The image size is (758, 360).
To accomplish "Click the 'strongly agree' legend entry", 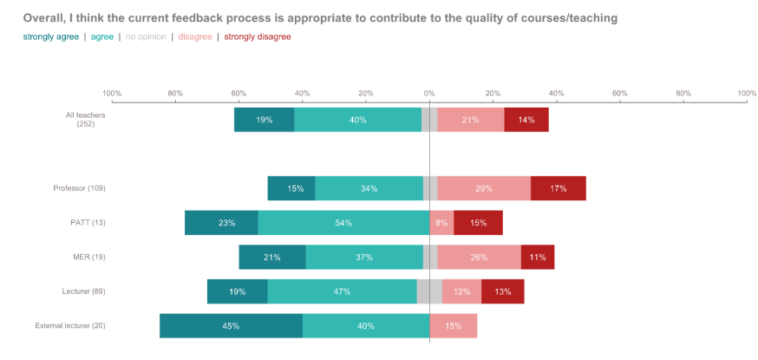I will pyautogui.click(x=51, y=36).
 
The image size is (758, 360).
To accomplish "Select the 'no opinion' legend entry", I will pyautogui.click(x=147, y=36).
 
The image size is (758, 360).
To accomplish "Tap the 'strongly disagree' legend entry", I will pyautogui.click(x=258, y=36).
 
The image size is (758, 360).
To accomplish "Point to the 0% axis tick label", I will pyautogui.click(x=429, y=93).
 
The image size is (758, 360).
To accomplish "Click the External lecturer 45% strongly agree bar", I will pyautogui.click(x=231, y=326).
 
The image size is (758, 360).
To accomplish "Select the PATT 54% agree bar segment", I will pyautogui.click(x=343, y=223).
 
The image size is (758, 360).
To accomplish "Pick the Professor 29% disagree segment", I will pyautogui.click(x=484, y=188).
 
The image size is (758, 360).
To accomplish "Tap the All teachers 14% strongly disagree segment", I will pyautogui.click(x=526, y=120).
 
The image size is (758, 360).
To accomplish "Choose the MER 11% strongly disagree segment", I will pyautogui.click(x=538, y=257).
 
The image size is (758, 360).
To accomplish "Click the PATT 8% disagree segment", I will pyautogui.click(x=442, y=223).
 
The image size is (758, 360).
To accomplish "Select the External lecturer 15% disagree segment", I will pyautogui.click(x=454, y=326).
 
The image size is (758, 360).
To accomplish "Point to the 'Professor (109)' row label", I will pyautogui.click(x=79, y=188).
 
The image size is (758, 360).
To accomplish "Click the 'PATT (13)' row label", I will pyautogui.click(x=88, y=223).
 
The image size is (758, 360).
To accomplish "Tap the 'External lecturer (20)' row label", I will pyautogui.click(x=70, y=326).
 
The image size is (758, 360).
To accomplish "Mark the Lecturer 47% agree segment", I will pyautogui.click(x=342, y=291).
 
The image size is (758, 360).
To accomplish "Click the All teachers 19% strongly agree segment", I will pyautogui.click(x=265, y=120).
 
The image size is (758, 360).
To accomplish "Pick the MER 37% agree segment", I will pyautogui.click(x=364, y=257).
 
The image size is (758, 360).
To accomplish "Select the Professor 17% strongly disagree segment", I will pyautogui.click(x=559, y=188).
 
